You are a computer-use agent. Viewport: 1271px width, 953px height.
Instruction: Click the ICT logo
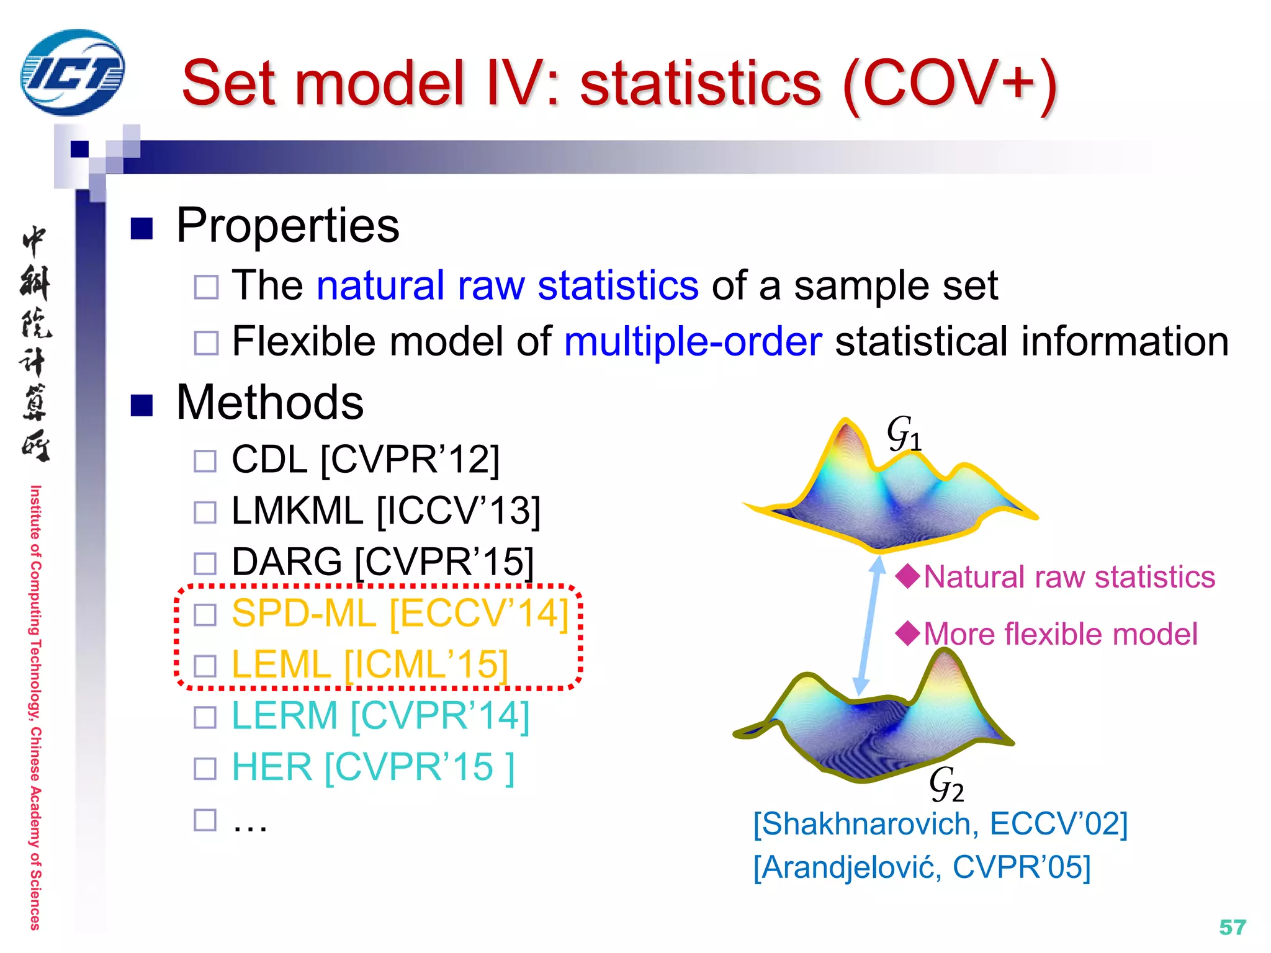click(72, 73)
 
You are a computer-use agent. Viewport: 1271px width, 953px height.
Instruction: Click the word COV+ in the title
click(950, 84)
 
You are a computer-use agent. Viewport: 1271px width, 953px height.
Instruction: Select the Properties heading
click(287, 225)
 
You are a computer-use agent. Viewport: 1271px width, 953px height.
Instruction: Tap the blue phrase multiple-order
click(693, 342)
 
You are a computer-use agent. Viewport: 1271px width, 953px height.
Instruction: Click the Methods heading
click(269, 403)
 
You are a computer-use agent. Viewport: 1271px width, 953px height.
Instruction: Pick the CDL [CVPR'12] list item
click(365, 460)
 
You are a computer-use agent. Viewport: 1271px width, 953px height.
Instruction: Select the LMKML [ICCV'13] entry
click(385, 511)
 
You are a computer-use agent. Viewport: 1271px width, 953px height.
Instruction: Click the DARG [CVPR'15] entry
click(382, 562)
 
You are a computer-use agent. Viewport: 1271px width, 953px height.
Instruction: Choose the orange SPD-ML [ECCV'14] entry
click(400, 614)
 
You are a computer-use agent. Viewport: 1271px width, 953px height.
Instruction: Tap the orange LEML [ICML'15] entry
click(370, 664)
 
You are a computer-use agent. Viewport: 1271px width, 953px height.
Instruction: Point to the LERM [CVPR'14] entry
click(380, 716)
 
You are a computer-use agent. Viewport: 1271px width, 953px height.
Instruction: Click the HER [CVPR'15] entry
click(372, 767)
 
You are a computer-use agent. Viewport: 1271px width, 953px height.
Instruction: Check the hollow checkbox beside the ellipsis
click(205, 820)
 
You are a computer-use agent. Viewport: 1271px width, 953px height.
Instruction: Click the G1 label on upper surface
click(904, 433)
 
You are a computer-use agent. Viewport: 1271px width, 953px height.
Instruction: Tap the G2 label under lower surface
click(946, 784)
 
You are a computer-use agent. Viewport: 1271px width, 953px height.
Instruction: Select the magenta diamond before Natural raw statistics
click(908, 576)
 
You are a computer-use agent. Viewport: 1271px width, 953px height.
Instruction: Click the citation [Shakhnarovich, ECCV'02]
click(940, 824)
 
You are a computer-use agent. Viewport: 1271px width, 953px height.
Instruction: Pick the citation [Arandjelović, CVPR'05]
click(922, 867)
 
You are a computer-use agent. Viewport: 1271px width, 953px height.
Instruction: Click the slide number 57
click(1232, 927)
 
